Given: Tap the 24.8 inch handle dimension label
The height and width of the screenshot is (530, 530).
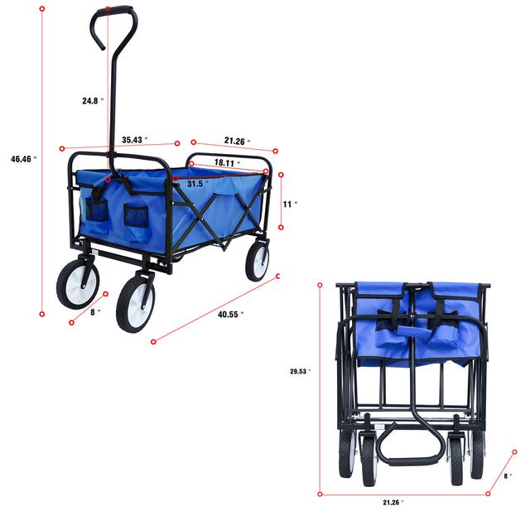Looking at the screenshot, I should click(x=91, y=101).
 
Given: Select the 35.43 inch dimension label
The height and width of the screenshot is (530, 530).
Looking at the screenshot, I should click(x=133, y=139).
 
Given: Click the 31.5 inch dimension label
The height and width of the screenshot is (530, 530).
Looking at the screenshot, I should click(x=196, y=183).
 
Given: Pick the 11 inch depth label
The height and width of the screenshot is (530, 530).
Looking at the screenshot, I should click(x=290, y=203).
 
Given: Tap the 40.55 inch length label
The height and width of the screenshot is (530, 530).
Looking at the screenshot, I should click(x=231, y=314).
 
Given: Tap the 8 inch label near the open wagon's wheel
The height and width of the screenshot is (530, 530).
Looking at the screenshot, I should click(x=98, y=312).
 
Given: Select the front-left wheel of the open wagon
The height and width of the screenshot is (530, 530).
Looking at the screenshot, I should click(x=135, y=304).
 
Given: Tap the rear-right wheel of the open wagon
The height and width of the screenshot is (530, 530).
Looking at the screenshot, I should click(x=257, y=260).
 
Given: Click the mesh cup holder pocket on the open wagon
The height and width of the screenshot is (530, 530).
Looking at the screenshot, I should click(x=135, y=218).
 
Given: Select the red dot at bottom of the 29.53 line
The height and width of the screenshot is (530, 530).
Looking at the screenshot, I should click(x=320, y=494).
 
